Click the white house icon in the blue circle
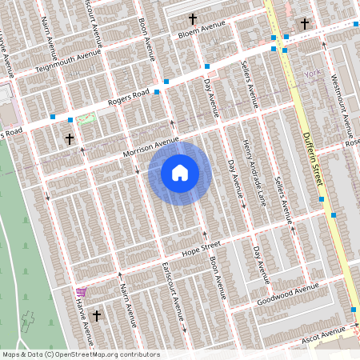pyautogui.click(x=180, y=173)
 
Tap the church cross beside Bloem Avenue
pyautogui.click(x=192, y=18)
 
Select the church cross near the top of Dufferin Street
pyautogui.click(x=304, y=25)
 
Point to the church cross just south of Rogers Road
pyautogui.click(x=70, y=138)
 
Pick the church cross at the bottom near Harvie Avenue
pyautogui.click(x=97, y=315)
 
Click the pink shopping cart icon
pyautogui.click(x=80, y=292)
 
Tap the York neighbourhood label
pyautogui.click(x=312, y=75)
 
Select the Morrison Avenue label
pyautogui.click(x=150, y=147)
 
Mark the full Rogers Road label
pyautogui.click(x=129, y=101)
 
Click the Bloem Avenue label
pyautogui.click(x=202, y=30)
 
